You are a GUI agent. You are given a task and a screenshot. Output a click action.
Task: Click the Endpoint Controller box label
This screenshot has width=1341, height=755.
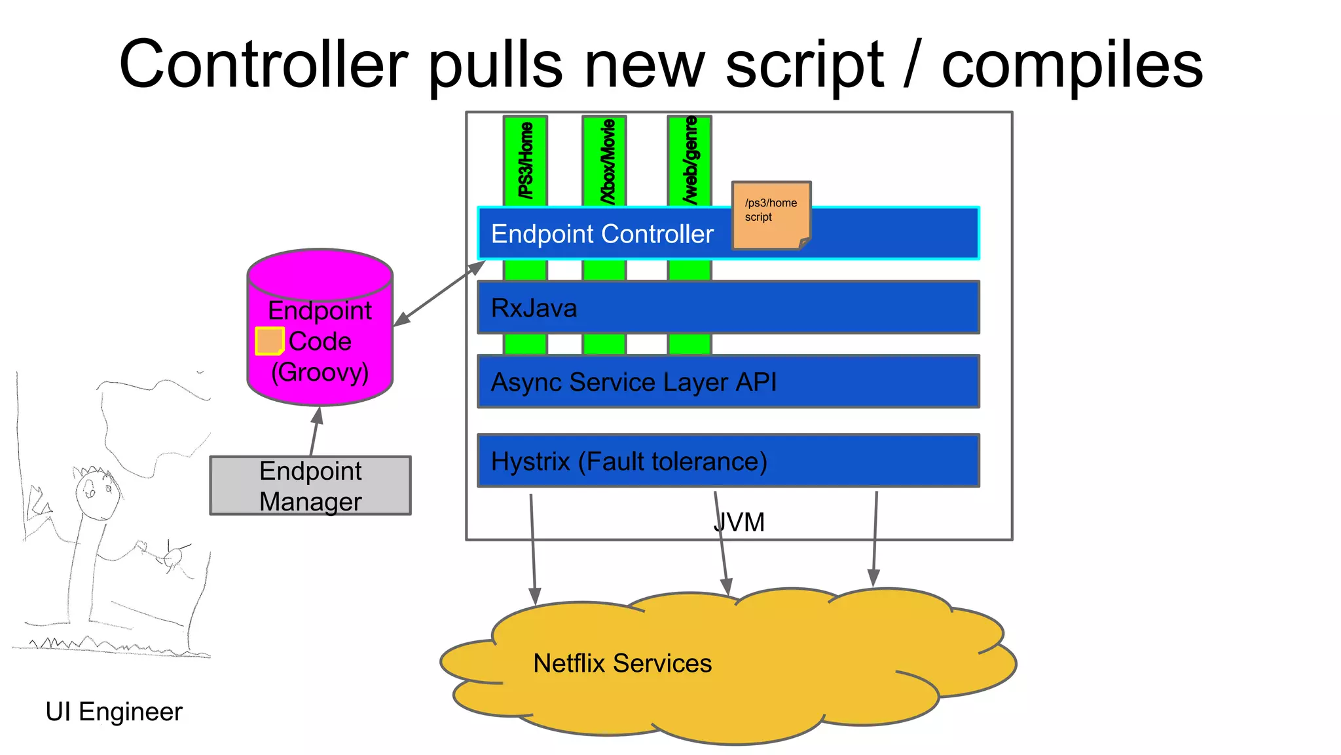click(x=602, y=235)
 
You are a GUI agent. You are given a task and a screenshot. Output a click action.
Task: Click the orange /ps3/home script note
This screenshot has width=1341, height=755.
click(x=771, y=215)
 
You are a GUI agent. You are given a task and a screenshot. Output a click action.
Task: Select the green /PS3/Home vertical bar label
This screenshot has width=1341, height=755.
click(x=525, y=161)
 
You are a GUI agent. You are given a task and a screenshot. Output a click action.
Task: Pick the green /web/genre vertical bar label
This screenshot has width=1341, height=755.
click(x=690, y=161)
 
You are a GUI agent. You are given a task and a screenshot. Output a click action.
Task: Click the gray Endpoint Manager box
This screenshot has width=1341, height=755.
click(x=310, y=486)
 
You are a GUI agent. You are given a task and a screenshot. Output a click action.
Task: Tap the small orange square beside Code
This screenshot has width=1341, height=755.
click(x=268, y=341)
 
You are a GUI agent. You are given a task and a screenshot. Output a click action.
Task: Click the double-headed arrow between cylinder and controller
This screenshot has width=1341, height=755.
click(x=439, y=294)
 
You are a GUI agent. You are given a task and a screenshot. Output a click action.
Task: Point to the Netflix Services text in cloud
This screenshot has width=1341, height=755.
click(x=622, y=663)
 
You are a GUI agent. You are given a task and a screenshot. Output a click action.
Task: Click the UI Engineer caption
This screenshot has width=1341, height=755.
click(x=114, y=712)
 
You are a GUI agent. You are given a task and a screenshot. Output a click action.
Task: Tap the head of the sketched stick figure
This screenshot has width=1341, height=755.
click(x=96, y=495)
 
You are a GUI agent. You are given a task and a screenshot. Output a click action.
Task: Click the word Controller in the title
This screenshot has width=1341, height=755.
click(x=263, y=64)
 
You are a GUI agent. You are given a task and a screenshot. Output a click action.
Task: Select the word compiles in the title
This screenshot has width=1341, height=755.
click(x=1072, y=64)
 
